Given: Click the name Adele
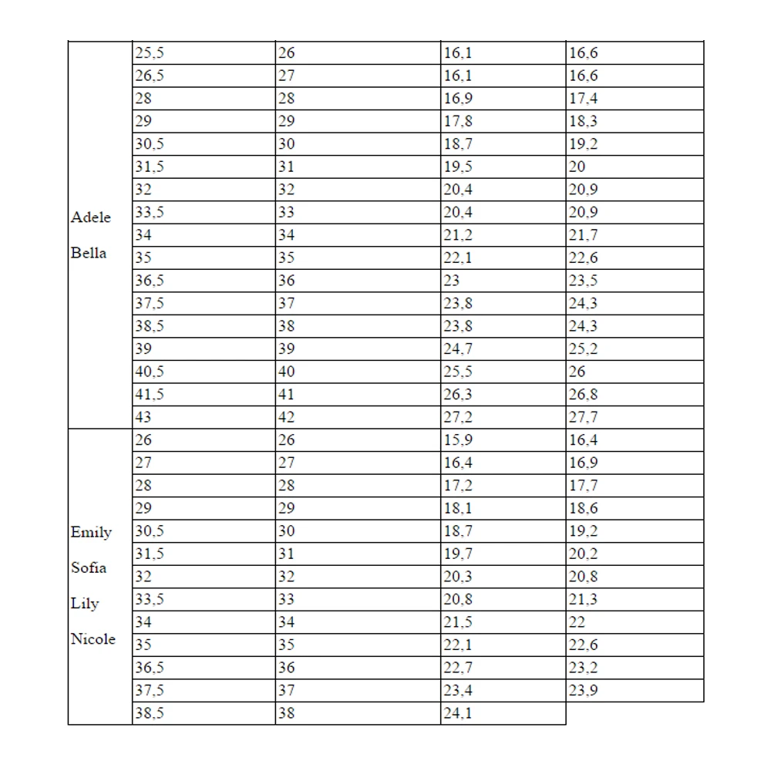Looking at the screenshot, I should (x=91, y=217).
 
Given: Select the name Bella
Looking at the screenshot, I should (x=89, y=253).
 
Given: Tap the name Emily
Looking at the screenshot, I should (x=91, y=532).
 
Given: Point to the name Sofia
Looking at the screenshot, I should (x=89, y=567).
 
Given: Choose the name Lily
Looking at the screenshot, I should (x=85, y=604).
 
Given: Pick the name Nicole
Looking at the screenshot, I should (x=93, y=639).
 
